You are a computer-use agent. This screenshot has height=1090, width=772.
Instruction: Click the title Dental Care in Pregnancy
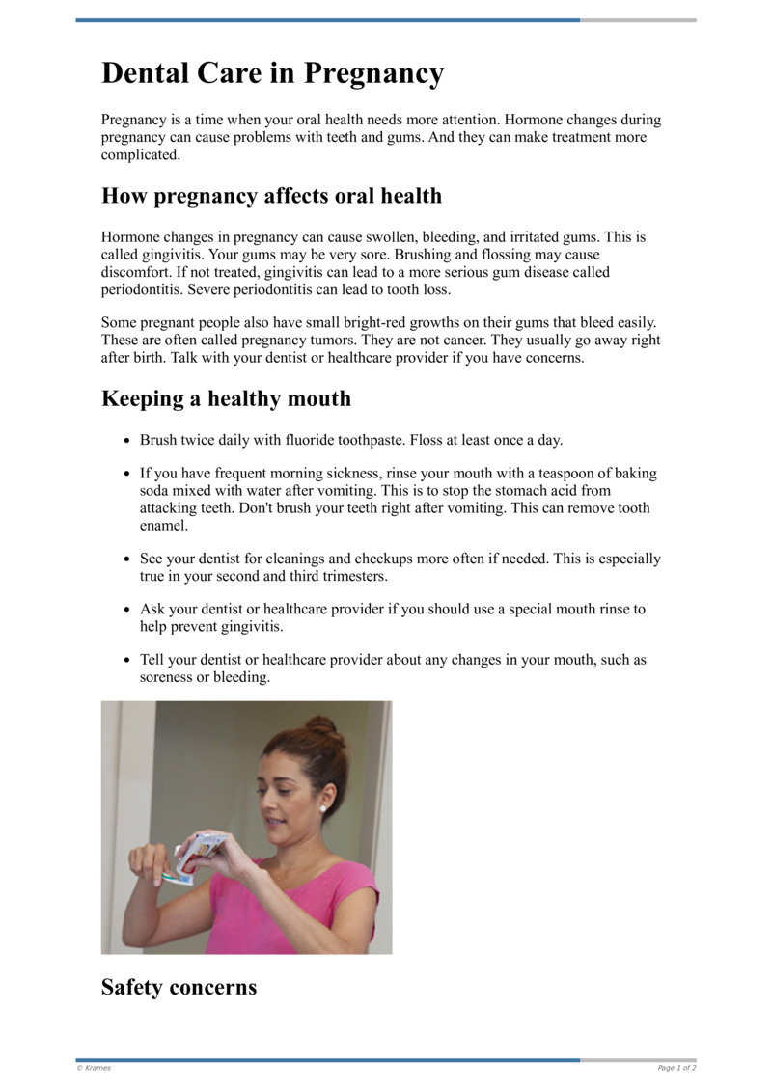click(272, 73)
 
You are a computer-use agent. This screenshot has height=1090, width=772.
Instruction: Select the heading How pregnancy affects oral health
click(271, 196)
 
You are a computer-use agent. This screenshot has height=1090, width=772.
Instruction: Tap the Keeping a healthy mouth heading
click(226, 399)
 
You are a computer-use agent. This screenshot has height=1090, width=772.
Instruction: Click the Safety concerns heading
click(179, 987)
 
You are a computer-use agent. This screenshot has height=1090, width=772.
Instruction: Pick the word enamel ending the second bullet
click(163, 526)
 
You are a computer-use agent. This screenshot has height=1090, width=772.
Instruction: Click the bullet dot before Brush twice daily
click(126, 441)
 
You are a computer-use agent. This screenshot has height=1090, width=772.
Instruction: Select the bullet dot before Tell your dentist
click(126, 661)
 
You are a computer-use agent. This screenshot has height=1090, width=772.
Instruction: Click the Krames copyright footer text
click(94, 1068)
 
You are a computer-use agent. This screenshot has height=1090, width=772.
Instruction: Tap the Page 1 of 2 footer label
click(676, 1068)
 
